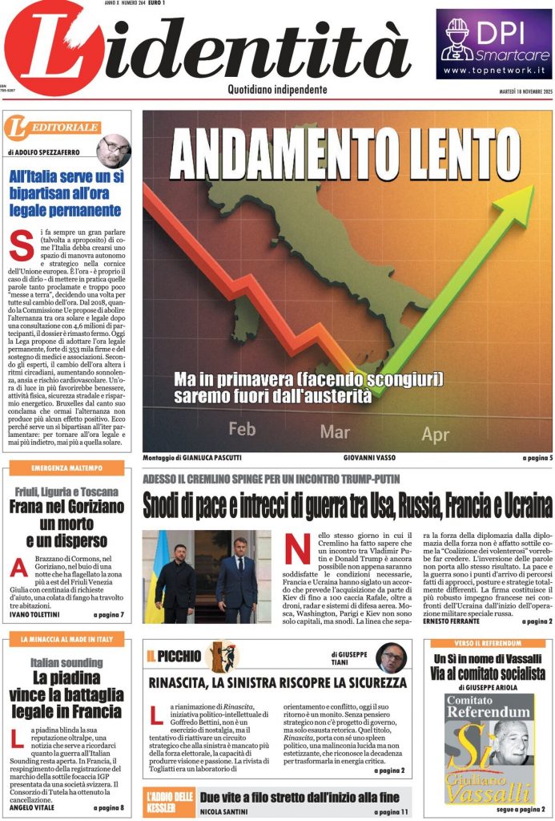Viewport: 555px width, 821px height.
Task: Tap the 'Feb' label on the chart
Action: (x=242, y=429)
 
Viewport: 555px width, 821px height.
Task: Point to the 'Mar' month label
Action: (x=335, y=432)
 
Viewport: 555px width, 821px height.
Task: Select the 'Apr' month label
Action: (x=436, y=435)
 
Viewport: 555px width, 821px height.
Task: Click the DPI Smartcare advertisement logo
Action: (x=494, y=44)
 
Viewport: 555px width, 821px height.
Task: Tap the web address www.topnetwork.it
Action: (x=494, y=71)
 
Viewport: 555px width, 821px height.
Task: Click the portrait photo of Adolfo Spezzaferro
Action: (x=114, y=150)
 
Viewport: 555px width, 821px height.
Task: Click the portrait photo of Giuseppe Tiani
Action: (x=391, y=657)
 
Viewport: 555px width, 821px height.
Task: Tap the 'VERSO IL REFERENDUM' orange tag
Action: (x=488, y=643)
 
